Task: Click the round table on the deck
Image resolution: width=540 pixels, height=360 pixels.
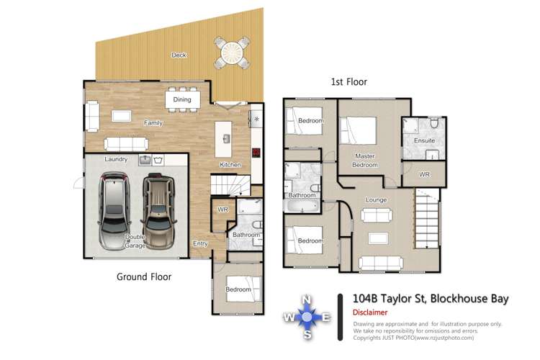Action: [x=232, y=52]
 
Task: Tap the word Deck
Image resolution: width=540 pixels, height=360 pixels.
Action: [x=179, y=55]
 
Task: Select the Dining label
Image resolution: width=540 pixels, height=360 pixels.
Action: [x=182, y=99]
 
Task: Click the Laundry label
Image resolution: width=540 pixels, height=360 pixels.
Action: [x=116, y=159]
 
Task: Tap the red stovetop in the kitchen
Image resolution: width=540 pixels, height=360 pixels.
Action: [x=256, y=152]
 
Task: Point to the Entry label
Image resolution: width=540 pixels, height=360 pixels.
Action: [x=200, y=243]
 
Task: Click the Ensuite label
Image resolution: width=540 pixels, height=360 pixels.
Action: [x=424, y=140]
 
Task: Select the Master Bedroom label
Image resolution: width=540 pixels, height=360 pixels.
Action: [x=366, y=160]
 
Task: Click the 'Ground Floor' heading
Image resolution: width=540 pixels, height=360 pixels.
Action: [x=144, y=276]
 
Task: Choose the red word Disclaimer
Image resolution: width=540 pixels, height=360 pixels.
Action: [x=370, y=312]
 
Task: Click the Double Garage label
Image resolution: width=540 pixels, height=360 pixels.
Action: [x=135, y=241]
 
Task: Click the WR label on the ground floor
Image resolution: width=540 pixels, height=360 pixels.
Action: [x=222, y=210]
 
